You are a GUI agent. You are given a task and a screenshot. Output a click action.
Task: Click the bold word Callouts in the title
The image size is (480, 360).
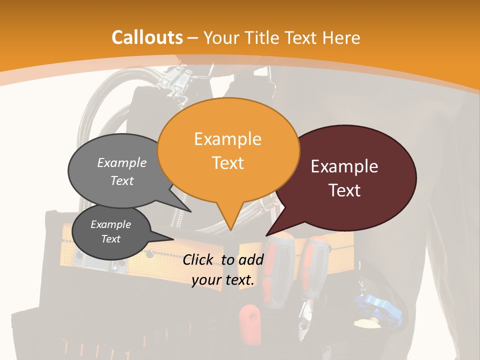tap(147, 37)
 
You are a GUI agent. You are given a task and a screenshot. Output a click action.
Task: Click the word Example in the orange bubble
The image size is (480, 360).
tap(228, 139)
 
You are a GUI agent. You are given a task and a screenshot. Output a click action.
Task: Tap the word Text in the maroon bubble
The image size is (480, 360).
tap(344, 190)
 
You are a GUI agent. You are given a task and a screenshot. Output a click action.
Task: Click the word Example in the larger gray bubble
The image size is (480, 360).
tap(122, 162)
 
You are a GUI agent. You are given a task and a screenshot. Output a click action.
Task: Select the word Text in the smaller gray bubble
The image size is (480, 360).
tap(111, 239)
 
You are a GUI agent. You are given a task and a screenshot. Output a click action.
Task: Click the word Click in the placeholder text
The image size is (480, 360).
tap(199, 259)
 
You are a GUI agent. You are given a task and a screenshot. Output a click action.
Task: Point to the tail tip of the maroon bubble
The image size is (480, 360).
tap(266, 235)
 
